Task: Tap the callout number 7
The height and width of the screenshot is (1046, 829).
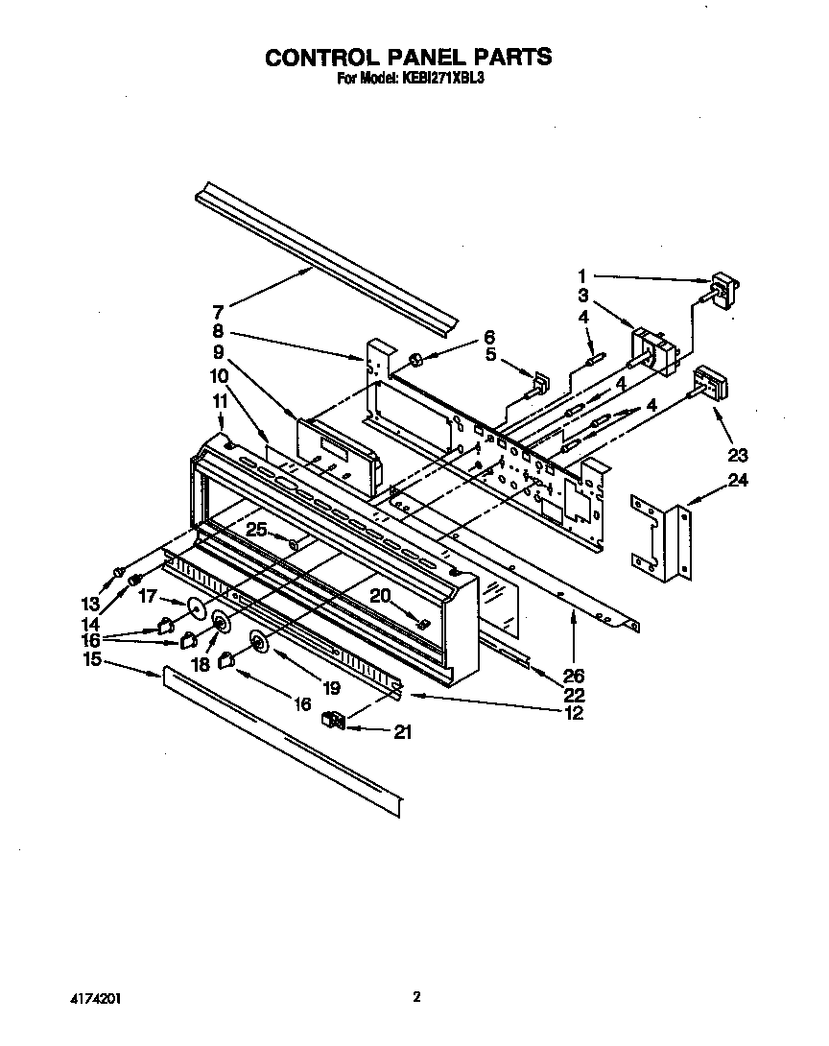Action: pyautogui.click(x=218, y=312)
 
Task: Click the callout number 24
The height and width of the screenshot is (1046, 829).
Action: pyautogui.click(x=736, y=481)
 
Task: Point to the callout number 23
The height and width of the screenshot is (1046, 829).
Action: pyautogui.click(x=738, y=455)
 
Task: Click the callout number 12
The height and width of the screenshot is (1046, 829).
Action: pyautogui.click(x=574, y=713)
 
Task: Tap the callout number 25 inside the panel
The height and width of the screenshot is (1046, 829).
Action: pyautogui.click(x=255, y=529)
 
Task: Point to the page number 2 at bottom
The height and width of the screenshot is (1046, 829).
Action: pyautogui.click(x=416, y=997)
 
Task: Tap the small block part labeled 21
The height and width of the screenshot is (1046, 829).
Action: pyautogui.click(x=334, y=720)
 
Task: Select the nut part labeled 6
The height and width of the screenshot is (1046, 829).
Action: pyautogui.click(x=417, y=360)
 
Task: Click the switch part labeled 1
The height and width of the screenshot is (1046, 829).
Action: pyautogui.click(x=721, y=289)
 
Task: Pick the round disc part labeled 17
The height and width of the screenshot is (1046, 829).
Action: pyautogui.click(x=198, y=607)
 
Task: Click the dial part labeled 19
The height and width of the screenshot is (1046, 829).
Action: pyautogui.click(x=259, y=643)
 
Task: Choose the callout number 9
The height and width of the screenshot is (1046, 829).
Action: pyautogui.click(x=219, y=351)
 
